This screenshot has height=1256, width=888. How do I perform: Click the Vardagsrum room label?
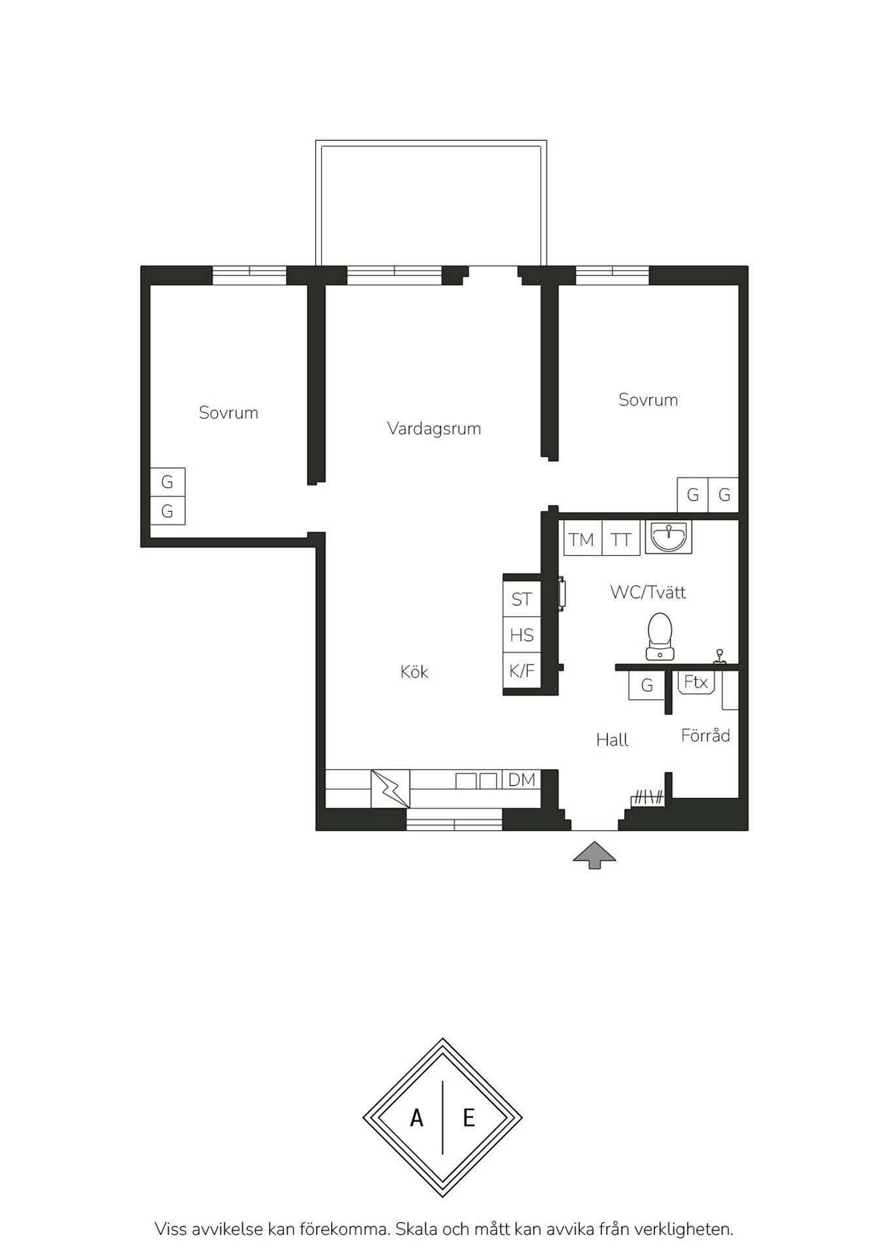434,428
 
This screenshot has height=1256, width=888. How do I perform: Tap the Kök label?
414,671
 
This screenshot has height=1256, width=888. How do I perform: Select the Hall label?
612,740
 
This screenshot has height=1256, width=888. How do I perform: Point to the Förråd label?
705,735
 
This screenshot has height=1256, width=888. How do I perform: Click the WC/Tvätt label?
648,592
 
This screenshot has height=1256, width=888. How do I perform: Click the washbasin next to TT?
667,537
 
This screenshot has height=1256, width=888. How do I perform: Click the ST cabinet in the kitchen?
522,599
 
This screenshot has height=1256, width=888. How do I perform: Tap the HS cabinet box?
522,635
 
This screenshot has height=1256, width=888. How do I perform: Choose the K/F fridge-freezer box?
522,671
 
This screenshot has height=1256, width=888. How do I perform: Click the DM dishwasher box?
522,779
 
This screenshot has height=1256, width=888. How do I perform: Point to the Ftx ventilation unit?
696,683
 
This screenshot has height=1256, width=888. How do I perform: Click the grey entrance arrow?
594,855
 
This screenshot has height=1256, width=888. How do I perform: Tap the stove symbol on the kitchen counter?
390,788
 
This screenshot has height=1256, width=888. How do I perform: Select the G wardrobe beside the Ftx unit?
647,685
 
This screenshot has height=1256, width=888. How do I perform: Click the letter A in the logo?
416,1119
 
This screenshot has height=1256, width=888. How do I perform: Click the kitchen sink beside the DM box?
476,780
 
